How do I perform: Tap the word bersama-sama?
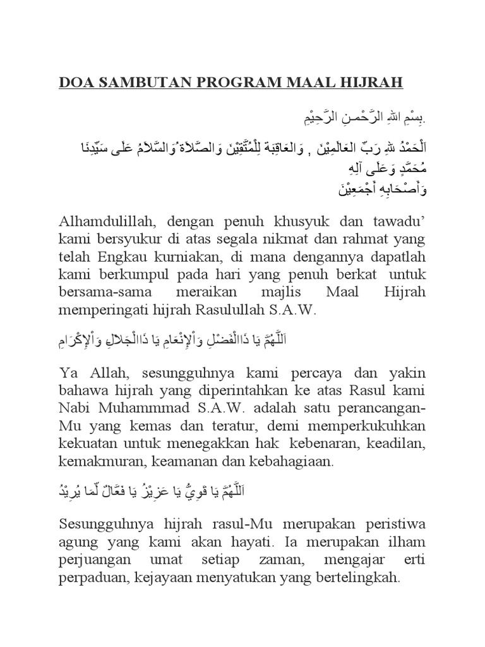tap(105, 294)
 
